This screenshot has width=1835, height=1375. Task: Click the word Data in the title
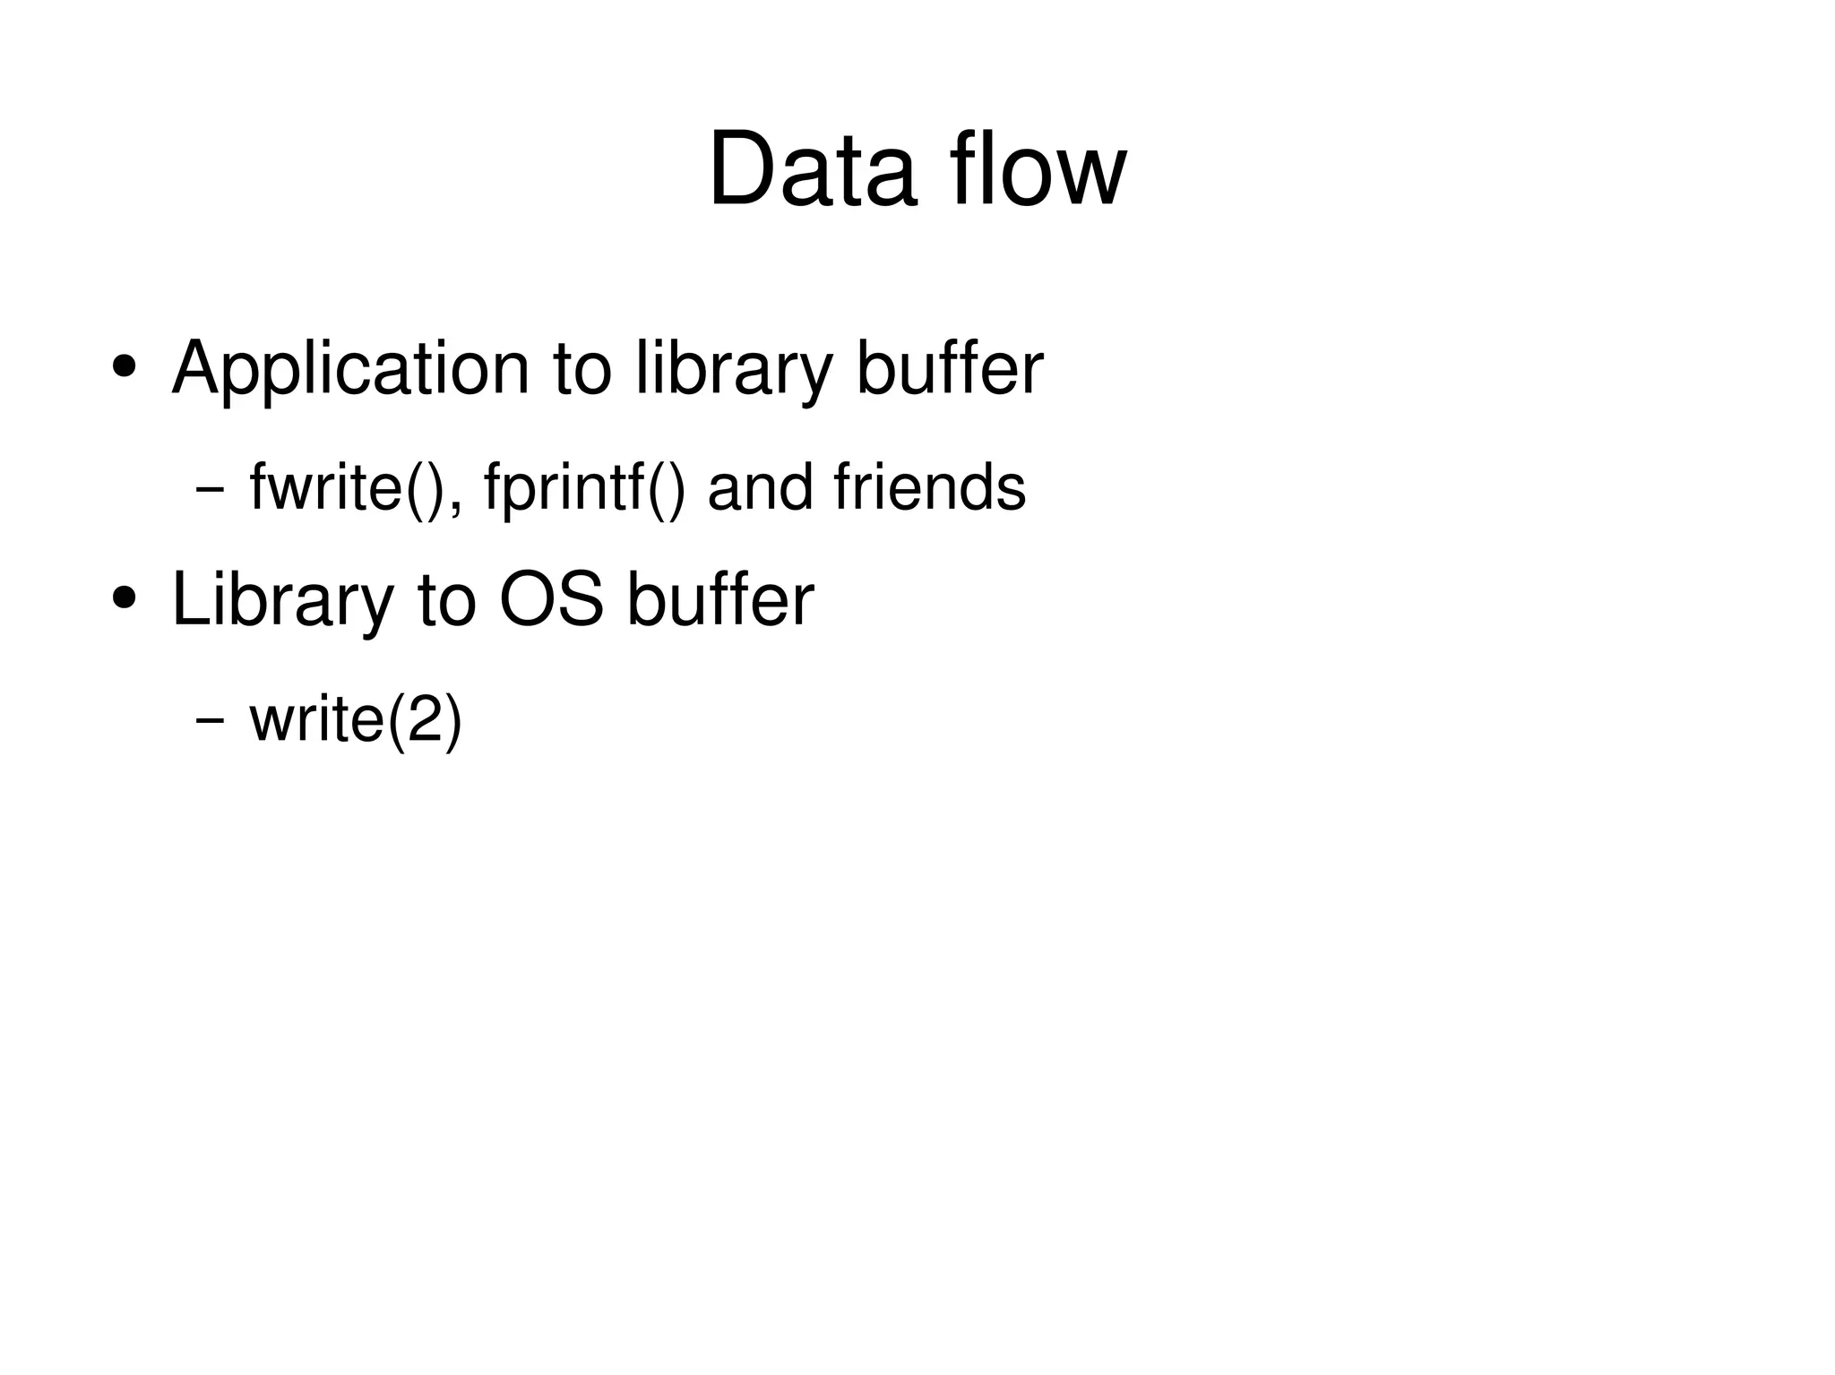point(812,170)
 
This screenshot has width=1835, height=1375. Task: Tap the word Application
point(350,369)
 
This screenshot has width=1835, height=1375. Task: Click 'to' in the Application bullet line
point(582,369)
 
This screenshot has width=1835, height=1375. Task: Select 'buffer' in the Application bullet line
point(950,369)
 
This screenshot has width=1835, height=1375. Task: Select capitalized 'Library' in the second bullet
point(282,600)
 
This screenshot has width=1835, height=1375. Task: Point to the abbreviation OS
point(551,600)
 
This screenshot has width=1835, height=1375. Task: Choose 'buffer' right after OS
point(720,600)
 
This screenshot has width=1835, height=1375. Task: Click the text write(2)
point(356,719)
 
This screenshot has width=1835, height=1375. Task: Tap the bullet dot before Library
point(125,597)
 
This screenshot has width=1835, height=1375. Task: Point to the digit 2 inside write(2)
point(425,719)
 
